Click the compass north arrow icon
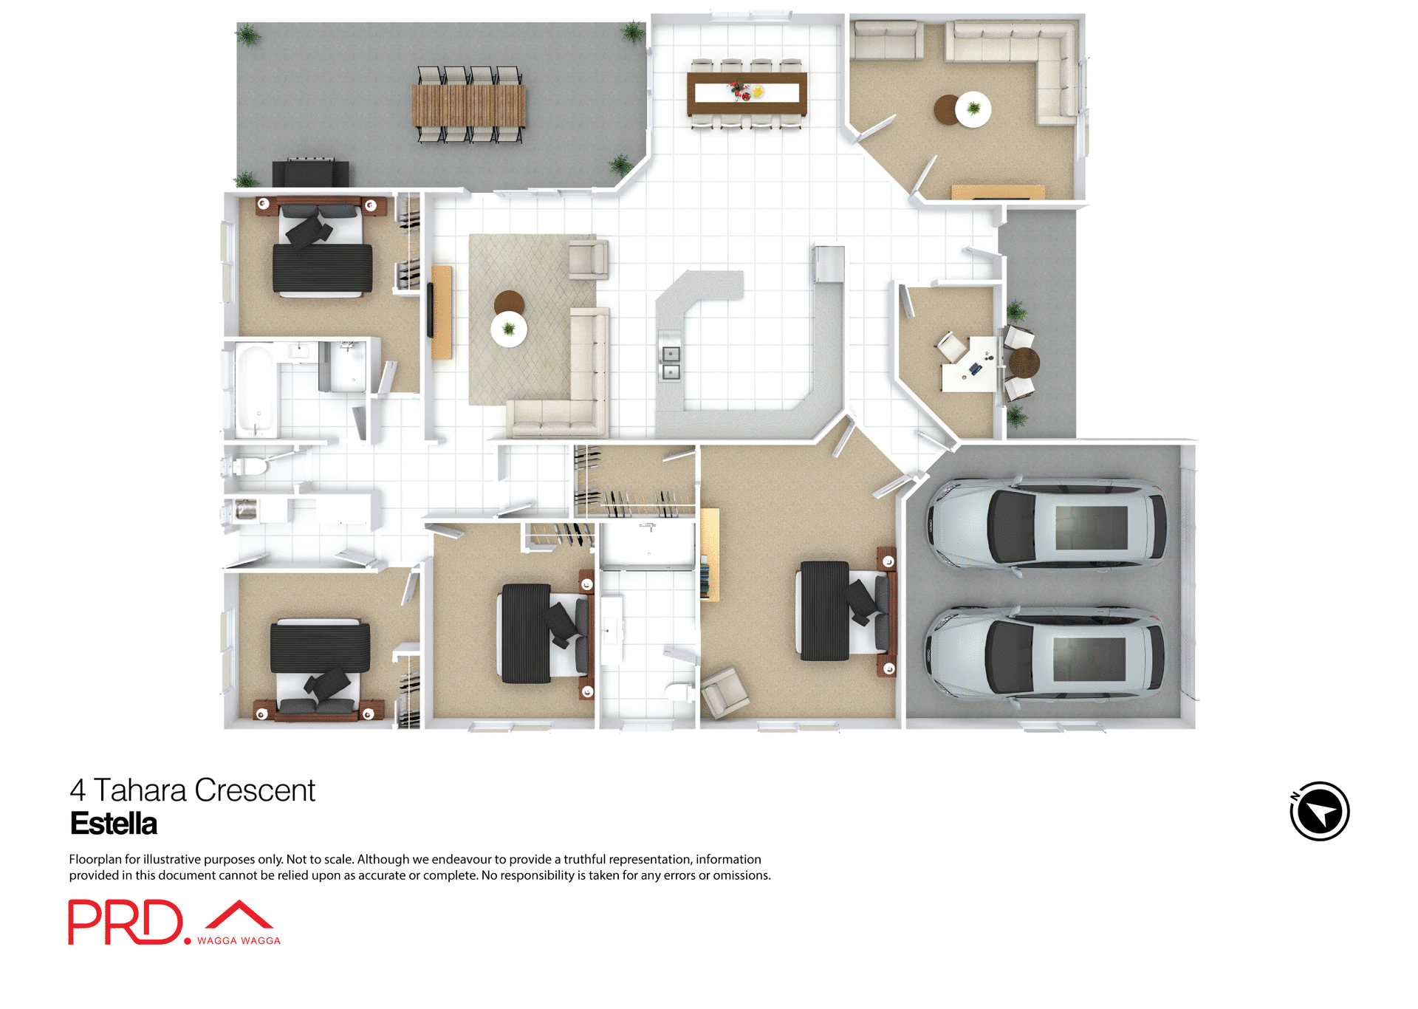[x=1319, y=811]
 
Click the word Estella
[x=114, y=824]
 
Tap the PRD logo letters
[x=125, y=922]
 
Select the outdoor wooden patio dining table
[x=468, y=105]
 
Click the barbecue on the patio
[x=310, y=173]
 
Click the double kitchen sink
[x=670, y=363]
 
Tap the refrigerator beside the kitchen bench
[x=828, y=264]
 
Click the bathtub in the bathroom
[x=255, y=391]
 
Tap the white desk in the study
[x=970, y=364]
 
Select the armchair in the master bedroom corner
[x=724, y=692]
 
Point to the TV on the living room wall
[x=430, y=310]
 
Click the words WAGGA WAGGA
[x=239, y=940]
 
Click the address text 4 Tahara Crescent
[x=192, y=790]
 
